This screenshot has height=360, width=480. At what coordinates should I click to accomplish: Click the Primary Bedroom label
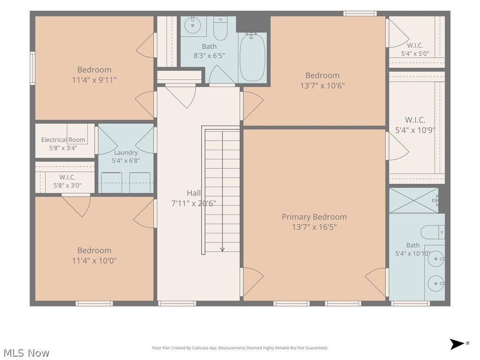point(314,217)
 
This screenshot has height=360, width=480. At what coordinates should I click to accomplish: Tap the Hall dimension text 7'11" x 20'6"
point(194,203)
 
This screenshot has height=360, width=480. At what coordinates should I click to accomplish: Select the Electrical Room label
point(63,140)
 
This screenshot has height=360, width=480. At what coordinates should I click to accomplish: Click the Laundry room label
point(126,152)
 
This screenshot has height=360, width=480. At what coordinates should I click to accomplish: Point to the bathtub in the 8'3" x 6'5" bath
point(252,58)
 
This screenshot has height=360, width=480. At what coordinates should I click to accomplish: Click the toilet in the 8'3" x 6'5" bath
point(220,29)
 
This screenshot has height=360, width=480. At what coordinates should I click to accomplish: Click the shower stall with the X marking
point(413,201)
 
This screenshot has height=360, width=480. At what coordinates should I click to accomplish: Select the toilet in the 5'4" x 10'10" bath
point(433,232)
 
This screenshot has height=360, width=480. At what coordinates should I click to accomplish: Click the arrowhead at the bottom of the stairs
point(222,249)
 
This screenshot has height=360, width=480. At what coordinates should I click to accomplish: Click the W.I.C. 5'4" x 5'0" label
point(415,50)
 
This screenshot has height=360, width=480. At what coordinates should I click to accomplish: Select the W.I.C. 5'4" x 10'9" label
point(415,125)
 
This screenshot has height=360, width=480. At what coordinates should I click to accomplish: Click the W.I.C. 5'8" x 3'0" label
point(67,181)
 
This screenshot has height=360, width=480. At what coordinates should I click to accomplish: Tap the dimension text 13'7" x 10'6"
point(322,86)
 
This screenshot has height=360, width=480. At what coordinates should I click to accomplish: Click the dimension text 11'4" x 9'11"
point(94,80)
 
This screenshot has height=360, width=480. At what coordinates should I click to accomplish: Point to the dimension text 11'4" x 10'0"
point(94,261)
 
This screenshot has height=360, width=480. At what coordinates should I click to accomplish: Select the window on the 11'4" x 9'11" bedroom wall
point(32,68)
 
